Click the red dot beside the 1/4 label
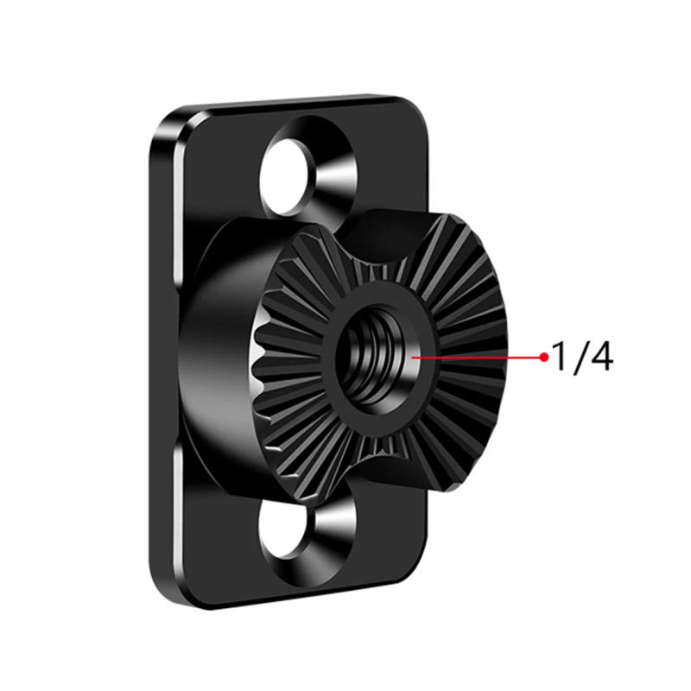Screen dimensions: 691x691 (543, 356)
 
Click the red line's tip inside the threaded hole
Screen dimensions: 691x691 (416, 356)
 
